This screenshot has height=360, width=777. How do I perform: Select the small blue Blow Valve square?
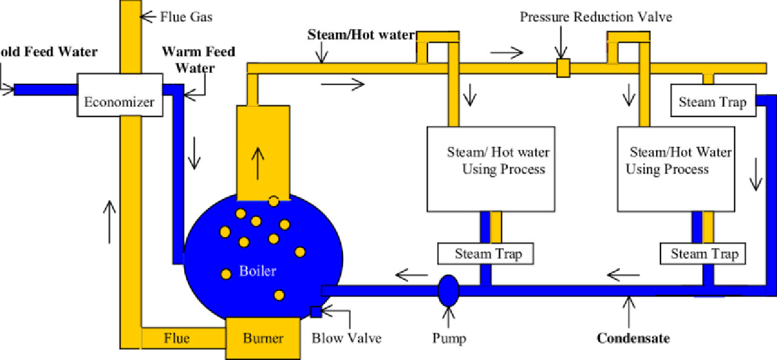click(x=316, y=312)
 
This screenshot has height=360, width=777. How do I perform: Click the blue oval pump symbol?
click(x=449, y=290)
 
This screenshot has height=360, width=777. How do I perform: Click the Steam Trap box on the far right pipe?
click(x=713, y=101)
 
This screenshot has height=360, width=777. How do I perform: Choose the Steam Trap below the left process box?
click(x=486, y=254)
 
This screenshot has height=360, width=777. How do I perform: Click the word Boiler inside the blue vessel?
click(x=257, y=271)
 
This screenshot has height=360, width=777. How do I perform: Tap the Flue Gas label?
click(x=186, y=16)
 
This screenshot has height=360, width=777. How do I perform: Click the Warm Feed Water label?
click(x=198, y=59)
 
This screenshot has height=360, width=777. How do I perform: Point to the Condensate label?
click(x=633, y=338)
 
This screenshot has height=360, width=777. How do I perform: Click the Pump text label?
click(x=449, y=338)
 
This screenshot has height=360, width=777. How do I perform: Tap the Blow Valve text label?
click(x=347, y=338)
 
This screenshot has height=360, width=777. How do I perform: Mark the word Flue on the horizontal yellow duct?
click(x=176, y=338)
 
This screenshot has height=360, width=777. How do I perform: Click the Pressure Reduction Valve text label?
click(x=595, y=16)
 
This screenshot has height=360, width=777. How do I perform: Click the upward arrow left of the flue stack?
click(x=109, y=222)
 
